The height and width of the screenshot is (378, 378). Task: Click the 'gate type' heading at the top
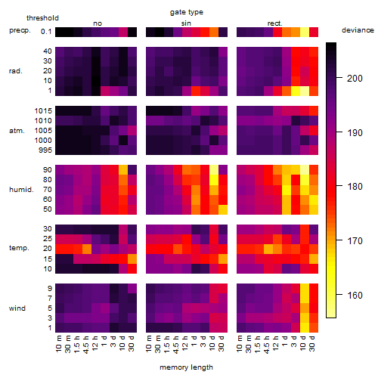point(187,12)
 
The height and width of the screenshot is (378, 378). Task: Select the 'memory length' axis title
point(187,367)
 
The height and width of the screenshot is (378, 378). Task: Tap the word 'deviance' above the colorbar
point(358,30)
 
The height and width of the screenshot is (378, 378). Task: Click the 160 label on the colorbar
point(355,295)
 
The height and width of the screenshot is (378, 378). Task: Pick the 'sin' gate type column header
point(186,23)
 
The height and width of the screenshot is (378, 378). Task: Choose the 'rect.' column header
point(275,23)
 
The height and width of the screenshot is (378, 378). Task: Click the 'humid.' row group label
point(21,190)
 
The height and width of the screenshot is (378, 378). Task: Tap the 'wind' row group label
point(17,308)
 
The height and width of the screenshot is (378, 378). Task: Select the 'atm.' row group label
point(17,131)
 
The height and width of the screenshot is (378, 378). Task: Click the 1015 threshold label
point(43,111)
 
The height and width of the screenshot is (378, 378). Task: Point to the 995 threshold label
point(45,150)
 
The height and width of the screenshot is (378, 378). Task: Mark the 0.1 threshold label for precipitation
point(46,32)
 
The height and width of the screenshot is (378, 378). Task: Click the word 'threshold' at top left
point(42,18)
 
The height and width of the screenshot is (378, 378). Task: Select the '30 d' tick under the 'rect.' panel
point(312,344)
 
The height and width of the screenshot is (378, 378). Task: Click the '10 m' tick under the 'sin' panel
point(150,344)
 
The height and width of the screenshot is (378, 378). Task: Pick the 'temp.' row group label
point(19,248)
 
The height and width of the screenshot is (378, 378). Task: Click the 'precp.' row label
point(20,30)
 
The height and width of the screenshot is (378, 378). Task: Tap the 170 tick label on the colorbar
point(355,241)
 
